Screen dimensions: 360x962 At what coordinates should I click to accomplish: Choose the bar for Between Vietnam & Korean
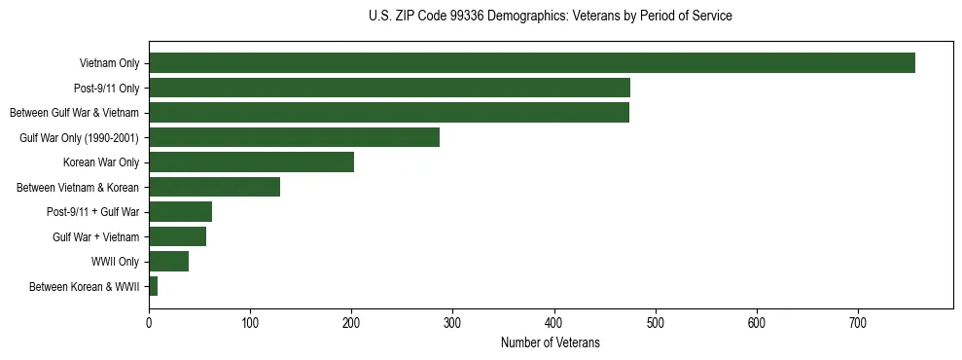pyautogui.click(x=214, y=187)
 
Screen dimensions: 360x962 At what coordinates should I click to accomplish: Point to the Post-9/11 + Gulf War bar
pyautogui.click(x=180, y=212)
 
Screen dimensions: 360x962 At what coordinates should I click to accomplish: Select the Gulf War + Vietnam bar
pyautogui.click(x=177, y=236)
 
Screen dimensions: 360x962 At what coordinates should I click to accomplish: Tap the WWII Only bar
pyautogui.click(x=168, y=262)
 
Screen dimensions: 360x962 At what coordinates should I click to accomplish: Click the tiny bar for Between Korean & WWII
pyautogui.click(x=153, y=286)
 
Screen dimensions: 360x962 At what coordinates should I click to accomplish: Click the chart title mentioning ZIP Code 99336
pyautogui.click(x=551, y=17)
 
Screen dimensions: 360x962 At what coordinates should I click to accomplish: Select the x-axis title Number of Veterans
pyautogui.click(x=551, y=343)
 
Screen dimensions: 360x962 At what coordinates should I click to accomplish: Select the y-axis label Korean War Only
pyautogui.click(x=101, y=162)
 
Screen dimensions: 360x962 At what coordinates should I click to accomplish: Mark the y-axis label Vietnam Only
pyautogui.click(x=109, y=63)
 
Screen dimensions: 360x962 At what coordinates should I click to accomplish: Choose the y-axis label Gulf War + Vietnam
pyautogui.click(x=95, y=236)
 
